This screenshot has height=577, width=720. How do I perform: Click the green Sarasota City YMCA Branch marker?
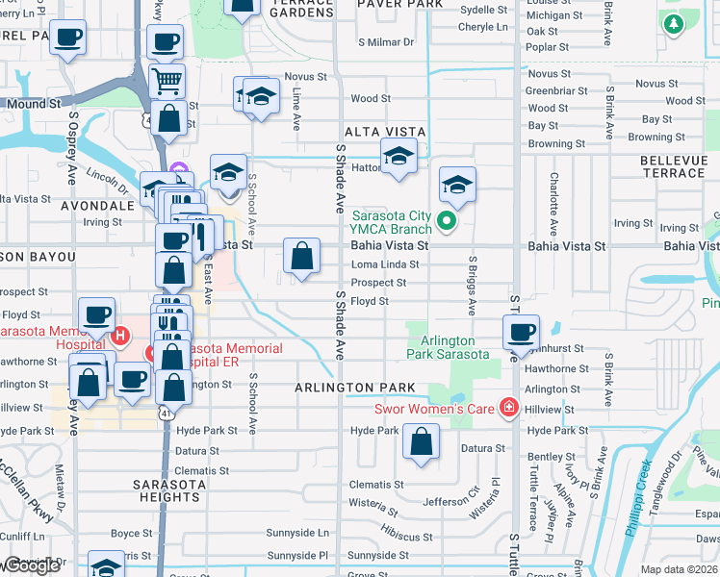(446, 222)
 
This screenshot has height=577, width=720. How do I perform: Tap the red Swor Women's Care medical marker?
(508, 408)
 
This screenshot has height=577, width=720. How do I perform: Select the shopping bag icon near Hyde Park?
(422, 443)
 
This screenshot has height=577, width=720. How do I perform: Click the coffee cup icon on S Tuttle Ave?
(522, 333)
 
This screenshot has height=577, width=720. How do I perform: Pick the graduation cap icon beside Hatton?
(398, 157)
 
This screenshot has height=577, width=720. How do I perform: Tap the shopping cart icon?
(167, 82)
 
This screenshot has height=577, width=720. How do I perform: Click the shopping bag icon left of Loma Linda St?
(302, 257)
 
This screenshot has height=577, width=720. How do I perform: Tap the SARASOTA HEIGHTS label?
(167, 490)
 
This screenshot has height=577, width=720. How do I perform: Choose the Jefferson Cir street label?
(451, 501)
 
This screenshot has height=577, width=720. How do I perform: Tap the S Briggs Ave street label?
(473, 286)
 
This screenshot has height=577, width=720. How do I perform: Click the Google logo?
(33, 566)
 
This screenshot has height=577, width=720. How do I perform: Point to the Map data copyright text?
(680, 568)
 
